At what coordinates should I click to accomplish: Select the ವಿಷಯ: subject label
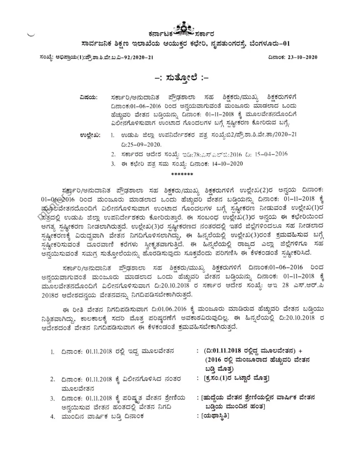point(89,97)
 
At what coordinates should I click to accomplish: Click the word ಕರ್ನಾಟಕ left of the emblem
point(162,34)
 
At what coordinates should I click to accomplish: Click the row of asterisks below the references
point(182,174)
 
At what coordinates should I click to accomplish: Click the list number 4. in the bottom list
point(52,416)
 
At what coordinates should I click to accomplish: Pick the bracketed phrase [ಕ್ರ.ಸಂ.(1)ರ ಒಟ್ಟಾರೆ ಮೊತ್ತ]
point(237,379)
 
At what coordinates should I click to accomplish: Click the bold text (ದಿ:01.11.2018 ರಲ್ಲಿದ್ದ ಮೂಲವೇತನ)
point(250,351)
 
